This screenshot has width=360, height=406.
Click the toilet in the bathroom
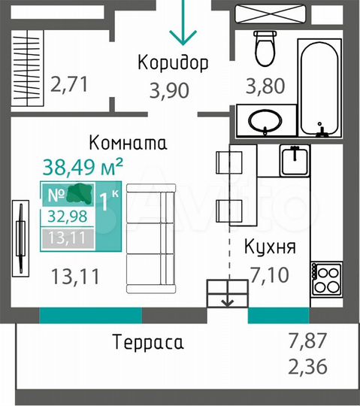click(x=264, y=47)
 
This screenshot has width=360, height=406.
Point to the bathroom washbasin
click(x=264, y=120)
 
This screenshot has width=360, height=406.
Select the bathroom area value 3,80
click(x=265, y=86)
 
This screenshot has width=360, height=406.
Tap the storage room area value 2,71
click(x=69, y=83)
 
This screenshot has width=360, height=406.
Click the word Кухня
click(x=270, y=247)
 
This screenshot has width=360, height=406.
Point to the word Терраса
click(x=148, y=343)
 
